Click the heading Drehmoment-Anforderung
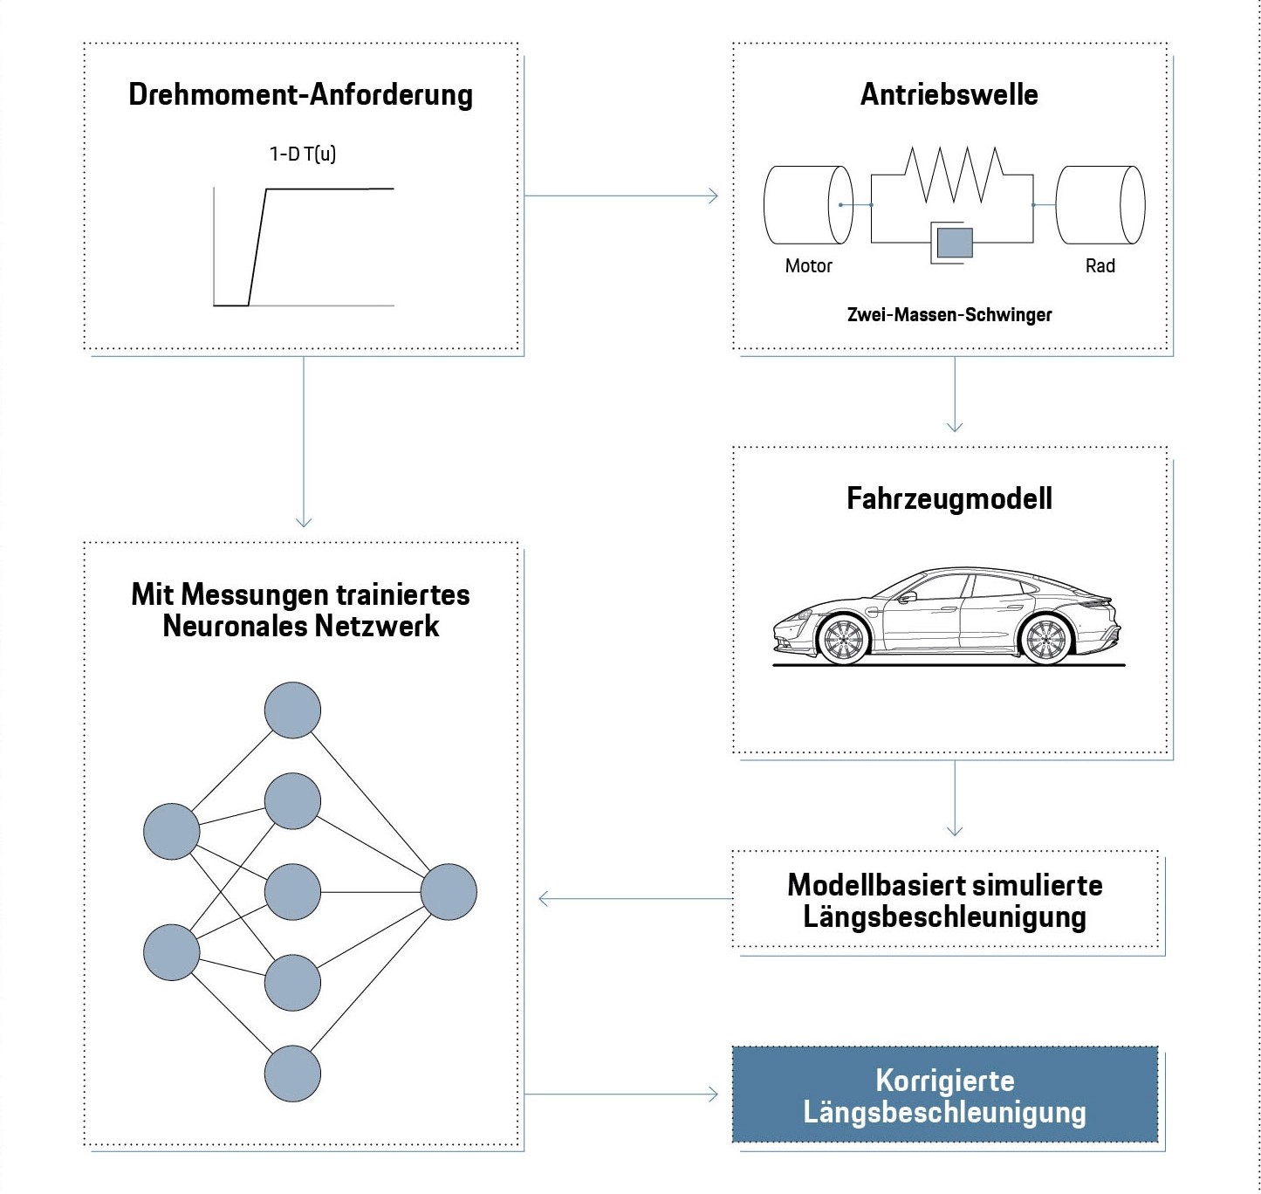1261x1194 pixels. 300,94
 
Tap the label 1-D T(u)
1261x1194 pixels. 302,154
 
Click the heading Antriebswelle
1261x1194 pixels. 949,94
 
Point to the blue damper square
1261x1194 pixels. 954,242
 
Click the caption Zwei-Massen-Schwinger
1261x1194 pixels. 949,315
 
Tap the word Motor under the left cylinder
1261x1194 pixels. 808,266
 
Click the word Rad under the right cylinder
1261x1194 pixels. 1100,266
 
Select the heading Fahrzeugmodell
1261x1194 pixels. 949,498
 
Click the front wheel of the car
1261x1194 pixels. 843,640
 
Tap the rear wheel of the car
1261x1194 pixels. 1045,640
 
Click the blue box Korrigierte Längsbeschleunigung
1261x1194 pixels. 944,1095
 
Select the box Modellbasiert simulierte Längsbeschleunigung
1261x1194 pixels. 944,901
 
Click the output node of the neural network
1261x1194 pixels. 449,892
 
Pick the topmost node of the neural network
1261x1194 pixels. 292,710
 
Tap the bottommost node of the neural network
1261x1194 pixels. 292,1074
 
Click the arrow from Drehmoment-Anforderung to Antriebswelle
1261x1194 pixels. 621,196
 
